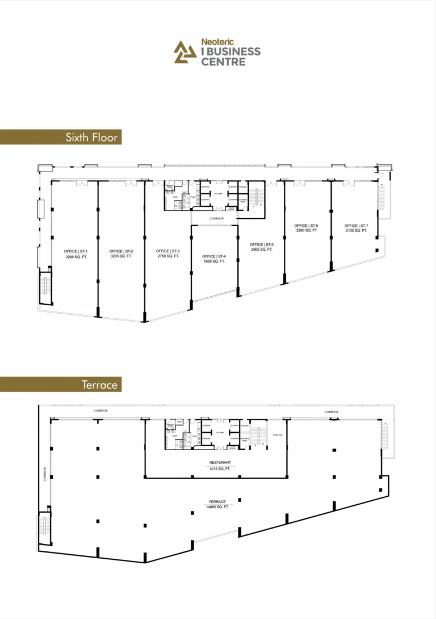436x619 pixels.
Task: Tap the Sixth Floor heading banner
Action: (93, 137)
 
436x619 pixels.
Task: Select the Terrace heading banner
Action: (99, 385)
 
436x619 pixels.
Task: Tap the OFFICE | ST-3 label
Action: (168, 251)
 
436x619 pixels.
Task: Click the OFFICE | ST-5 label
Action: (262, 245)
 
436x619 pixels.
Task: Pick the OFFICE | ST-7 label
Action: (356, 226)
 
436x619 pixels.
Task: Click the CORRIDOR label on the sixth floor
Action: (216, 218)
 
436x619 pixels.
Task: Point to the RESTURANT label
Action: (219, 463)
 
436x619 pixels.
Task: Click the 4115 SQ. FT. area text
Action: (219, 469)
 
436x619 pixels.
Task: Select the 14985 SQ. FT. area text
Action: (217, 506)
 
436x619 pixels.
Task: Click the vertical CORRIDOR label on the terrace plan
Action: (44, 475)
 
